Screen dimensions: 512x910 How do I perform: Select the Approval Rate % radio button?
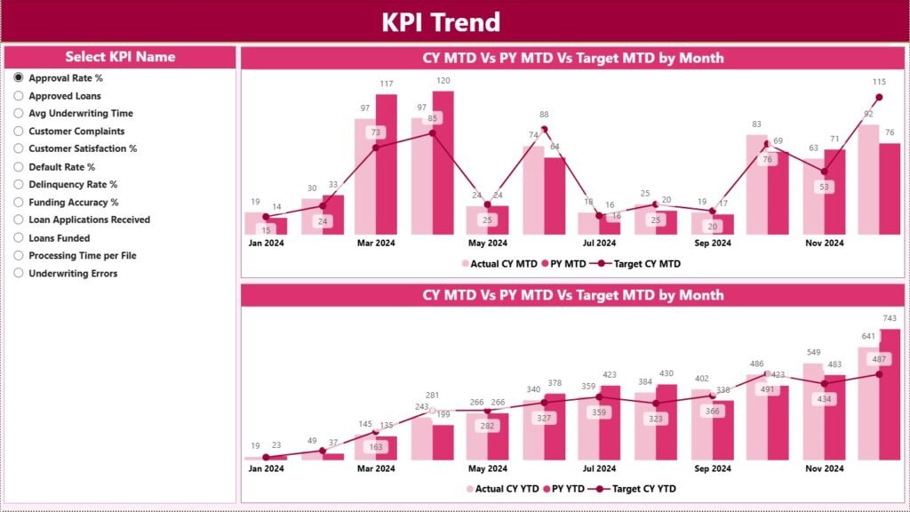(x=19, y=78)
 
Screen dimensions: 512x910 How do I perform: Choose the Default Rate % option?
(x=19, y=167)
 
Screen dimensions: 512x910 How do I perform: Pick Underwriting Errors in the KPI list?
(x=19, y=274)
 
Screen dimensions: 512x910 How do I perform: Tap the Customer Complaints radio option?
(x=19, y=132)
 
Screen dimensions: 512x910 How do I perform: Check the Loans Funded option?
(x=19, y=238)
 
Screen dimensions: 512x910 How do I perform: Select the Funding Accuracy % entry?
(x=19, y=203)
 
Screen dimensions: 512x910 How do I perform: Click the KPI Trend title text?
(x=441, y=22)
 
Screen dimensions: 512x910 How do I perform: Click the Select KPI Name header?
(x=120, y=57)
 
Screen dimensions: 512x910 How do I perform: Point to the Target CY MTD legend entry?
(x=635, y=263)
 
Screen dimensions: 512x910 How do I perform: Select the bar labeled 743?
(x=890, y=396)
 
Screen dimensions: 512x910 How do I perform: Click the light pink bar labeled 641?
(x=868, y=404)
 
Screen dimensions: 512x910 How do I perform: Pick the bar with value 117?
(x=386, y=164)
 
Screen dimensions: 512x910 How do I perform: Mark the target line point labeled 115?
(x=879, y=97)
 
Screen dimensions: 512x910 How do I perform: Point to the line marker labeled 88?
(x=544, y=130)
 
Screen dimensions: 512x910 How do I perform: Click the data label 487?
(x=879, y=358)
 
